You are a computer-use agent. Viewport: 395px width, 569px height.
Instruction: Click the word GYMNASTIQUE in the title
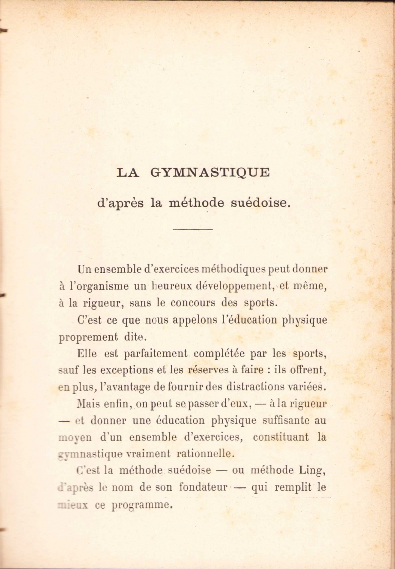point(210,173)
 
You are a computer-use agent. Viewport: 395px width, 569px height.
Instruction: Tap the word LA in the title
point(128,173)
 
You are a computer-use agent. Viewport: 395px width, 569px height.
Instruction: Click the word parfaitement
point(156,354)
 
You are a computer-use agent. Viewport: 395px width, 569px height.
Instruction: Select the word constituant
point(281,437)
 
